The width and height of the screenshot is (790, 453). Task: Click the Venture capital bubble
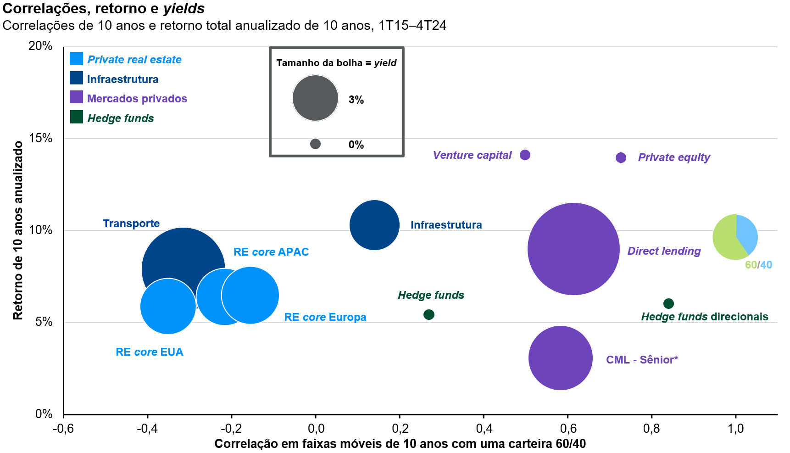click(x=525, y=155)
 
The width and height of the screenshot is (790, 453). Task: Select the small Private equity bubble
click(x=621, y=158)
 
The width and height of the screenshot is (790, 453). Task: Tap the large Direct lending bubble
click(x=573, y=249)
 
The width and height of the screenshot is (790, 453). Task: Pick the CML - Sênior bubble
click(x=561, y=358)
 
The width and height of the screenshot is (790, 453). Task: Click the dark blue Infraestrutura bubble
click(x=374, y=225)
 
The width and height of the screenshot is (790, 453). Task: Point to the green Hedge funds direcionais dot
click(x=668, y=303)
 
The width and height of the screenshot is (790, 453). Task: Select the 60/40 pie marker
click(x=735, y=237)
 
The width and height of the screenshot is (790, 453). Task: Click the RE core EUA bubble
click(x=168, y=306)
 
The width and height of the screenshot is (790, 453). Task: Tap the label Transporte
click(x=131, y=224)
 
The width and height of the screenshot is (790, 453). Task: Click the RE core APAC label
click(x=271, y=252)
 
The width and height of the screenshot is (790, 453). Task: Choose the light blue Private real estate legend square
click(x=76, y=59)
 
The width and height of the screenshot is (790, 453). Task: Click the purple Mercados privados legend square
click(x=76, y=97)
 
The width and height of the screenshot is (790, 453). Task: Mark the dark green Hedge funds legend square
click(x=76, y=117)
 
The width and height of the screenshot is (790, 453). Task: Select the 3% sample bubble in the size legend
click(x=315, y=98)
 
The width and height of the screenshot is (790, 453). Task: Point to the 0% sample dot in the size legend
click(x=315, y=144)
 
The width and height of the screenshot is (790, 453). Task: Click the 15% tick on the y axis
click(x=41, y=138)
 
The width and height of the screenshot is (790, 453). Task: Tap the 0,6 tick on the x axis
click(x=568, y=429)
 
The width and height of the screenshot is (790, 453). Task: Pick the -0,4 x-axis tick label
click(x=147, y=429)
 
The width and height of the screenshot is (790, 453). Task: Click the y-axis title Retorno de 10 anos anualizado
click(x=18, y=230)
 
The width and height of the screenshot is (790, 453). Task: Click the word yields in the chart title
click(x=184, y=8)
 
